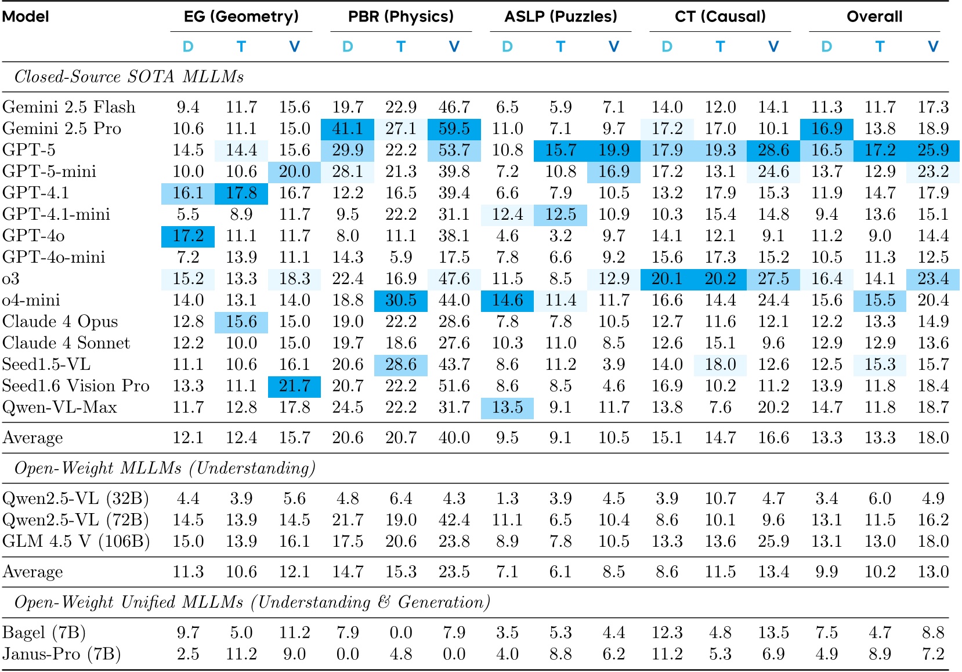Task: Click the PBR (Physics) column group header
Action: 400,16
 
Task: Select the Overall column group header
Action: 874,16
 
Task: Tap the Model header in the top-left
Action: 26,16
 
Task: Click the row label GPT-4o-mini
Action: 54,257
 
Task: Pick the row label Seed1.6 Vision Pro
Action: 76,386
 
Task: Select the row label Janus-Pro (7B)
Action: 62,654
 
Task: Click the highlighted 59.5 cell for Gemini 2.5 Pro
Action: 454,129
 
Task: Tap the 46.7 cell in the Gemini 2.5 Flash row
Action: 454,107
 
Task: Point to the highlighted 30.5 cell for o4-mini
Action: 401,300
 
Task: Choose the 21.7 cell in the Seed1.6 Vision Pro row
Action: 294,386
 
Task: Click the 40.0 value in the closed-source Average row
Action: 454,438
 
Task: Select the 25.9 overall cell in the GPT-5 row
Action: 932,150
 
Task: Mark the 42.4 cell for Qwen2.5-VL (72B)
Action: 454,520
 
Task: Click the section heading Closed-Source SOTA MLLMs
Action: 129,77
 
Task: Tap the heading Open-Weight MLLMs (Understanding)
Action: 165,468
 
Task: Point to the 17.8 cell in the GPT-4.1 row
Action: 241,193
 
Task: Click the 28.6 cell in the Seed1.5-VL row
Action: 401,365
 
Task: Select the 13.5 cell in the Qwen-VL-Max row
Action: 507,408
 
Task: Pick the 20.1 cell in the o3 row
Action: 667,279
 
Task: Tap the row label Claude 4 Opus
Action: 60,322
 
